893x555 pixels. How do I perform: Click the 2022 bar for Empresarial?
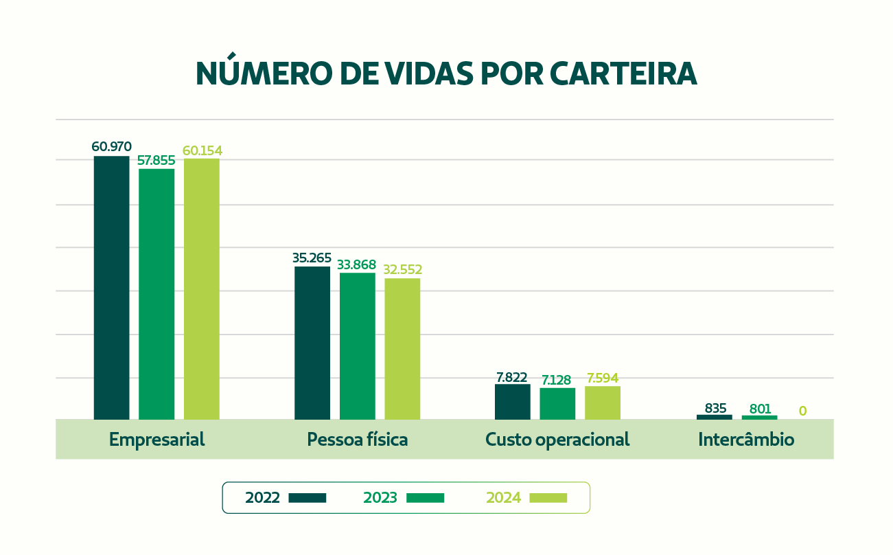(112, 288)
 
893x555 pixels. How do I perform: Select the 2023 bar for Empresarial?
(156, 294)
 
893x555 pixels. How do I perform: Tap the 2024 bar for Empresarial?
(202, 289)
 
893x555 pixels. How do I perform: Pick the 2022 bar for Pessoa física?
(312, 343)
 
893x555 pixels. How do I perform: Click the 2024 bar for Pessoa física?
(402, 349)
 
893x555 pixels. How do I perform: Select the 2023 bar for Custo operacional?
(557, 404)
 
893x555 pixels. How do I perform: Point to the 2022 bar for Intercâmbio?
(715, 418)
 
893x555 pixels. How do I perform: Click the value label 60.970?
(112, 147)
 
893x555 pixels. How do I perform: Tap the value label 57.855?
(156, 161)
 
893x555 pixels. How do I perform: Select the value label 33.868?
(356, 264)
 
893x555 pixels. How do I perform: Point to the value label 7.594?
(603, 378)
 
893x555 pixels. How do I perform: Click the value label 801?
(760, 409)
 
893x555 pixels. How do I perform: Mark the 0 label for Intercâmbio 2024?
(803, 411)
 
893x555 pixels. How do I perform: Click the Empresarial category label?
(156, 440)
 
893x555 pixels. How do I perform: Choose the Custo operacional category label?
(557, 440)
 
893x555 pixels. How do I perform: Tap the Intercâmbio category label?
(746, 440)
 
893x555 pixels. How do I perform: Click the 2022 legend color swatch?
(308, 498)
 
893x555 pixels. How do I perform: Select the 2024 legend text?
(504, 498)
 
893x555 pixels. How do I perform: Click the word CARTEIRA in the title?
(623, 73)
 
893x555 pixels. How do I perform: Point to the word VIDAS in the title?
(429, 73)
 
